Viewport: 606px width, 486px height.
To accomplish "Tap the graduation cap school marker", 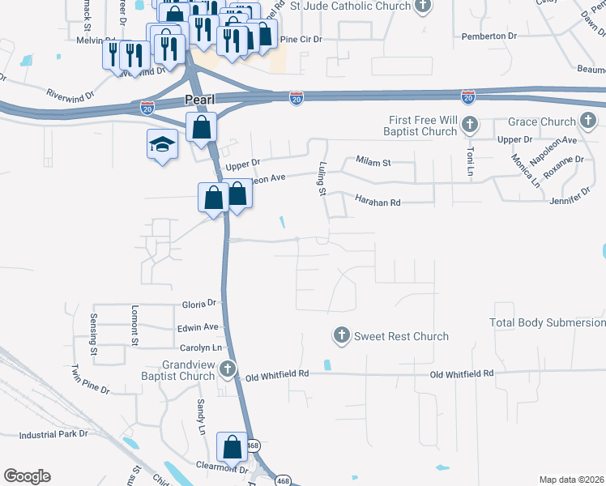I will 161,145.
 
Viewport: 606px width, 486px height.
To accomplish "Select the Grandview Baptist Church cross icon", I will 228,369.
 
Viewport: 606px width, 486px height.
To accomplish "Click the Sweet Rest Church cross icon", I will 341,335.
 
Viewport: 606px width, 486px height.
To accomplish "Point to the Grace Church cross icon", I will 588,122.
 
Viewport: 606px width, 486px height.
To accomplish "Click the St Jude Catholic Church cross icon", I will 422,7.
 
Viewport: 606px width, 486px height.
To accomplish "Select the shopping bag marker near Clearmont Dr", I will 232,447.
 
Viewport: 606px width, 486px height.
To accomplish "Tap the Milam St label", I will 373,163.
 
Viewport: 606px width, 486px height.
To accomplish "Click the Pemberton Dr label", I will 489,36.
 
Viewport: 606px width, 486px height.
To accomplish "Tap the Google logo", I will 27,476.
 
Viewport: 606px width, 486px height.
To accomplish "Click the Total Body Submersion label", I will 548,322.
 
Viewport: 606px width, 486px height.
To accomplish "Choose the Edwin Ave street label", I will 199,327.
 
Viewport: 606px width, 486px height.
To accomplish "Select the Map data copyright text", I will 572,480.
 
